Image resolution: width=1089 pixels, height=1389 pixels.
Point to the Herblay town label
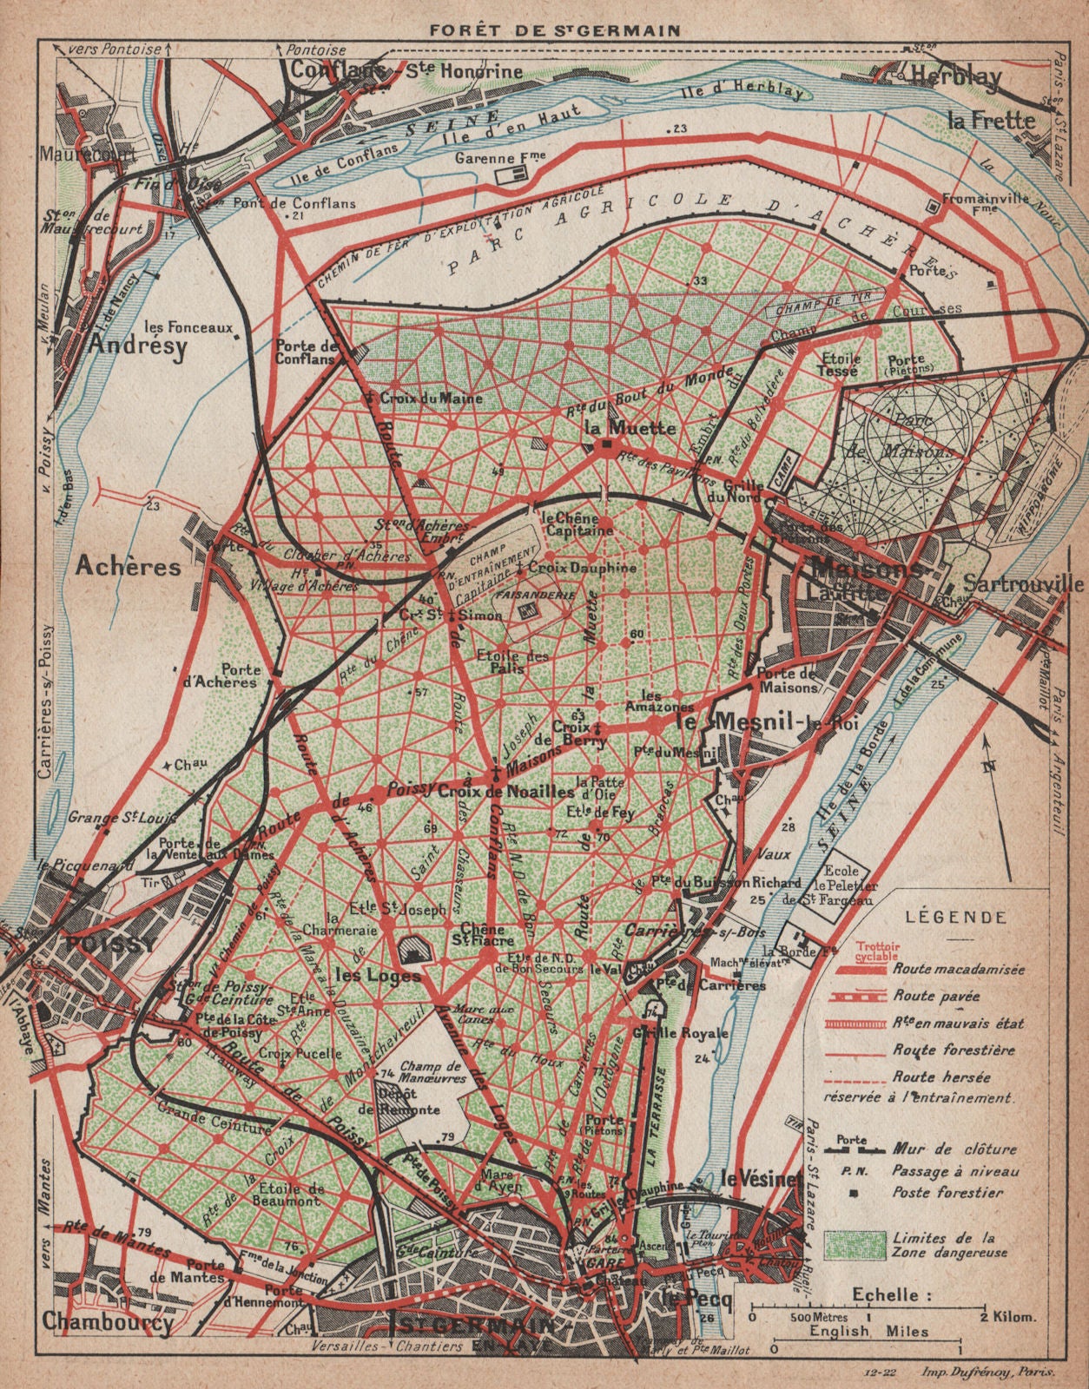point(956,76)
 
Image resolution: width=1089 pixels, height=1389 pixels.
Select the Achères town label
point(128,566)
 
